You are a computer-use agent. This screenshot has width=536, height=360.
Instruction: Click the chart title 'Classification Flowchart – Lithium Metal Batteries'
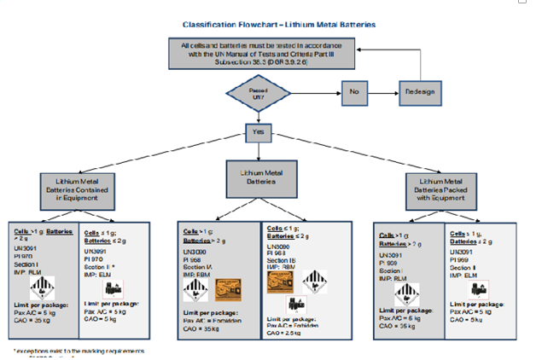(x=268, y=26)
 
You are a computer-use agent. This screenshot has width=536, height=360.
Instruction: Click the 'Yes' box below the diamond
(x=259, y=132)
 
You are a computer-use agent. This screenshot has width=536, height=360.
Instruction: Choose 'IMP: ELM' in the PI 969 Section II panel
(x=464, y=274)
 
